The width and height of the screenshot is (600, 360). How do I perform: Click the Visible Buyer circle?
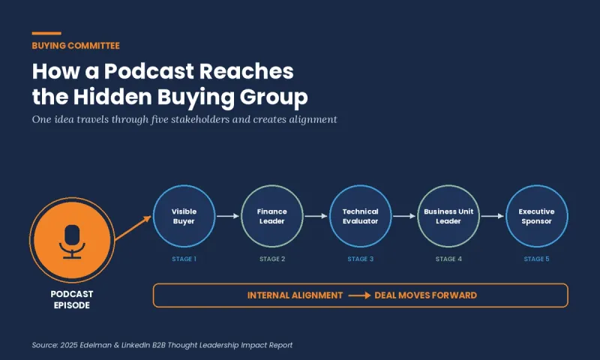184,216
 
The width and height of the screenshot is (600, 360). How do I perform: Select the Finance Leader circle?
272,216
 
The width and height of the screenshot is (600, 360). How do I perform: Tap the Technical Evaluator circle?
361,216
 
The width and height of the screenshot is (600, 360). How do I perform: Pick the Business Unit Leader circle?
448,216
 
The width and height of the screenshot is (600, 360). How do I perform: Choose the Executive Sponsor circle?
537,216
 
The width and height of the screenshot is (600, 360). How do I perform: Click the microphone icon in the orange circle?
72,241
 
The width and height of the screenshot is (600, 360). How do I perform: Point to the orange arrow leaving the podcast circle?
133,228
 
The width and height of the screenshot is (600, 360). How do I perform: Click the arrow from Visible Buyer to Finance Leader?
228,216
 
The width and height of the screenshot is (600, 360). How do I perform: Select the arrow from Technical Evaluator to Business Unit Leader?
404,216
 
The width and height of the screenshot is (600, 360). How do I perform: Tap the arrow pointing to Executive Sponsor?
493,216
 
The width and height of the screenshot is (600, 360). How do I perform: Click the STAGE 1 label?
184,259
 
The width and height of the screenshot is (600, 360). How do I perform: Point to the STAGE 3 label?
361,259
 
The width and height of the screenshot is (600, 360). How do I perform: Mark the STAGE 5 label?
536,259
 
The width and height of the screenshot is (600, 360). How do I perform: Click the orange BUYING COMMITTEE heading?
76,46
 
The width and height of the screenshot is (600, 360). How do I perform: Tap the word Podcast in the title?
149,71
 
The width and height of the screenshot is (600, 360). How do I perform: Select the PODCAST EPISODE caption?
72,299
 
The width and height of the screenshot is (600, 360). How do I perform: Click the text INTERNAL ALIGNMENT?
295,295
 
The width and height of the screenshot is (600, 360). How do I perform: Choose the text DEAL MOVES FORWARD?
425,295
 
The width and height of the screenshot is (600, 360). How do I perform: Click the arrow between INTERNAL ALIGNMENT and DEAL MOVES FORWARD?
359,295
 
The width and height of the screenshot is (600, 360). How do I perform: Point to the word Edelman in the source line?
96,345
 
